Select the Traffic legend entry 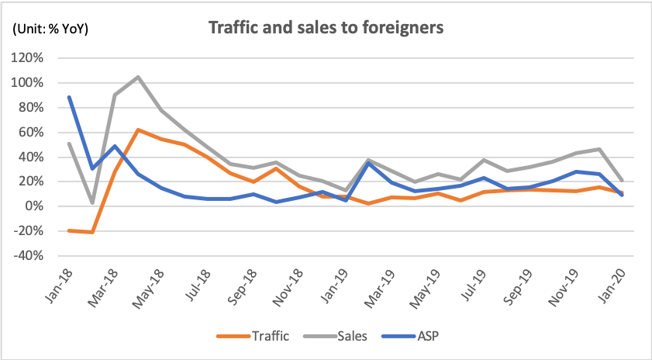pos(260,336)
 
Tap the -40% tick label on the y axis pos(36,255)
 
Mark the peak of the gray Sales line pos(137,77)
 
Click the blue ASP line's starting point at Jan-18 pos(69,97)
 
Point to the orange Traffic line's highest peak pos(137,130)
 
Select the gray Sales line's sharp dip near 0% pos(92,203)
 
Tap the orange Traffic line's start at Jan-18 pos(69,230)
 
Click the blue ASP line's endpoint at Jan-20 pos(623,195)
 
